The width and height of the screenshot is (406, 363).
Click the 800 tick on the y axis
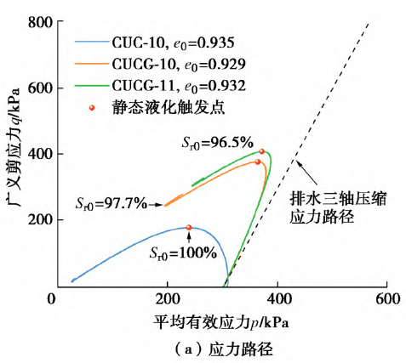click(x=34, y=22)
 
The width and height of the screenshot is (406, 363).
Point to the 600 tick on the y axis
click(x=34, y=88)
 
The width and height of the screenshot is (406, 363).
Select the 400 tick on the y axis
click(x=34, y=154)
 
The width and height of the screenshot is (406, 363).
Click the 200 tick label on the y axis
click(x=34, y=219)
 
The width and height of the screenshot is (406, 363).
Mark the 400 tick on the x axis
click(x=277, y=300)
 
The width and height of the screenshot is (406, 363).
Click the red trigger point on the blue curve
click(x=189, y=228)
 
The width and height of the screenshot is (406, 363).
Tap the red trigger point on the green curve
click(x=262, y=152)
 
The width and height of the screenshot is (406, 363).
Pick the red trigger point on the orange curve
click(x=258, y=162)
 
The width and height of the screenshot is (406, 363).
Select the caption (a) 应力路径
click(x=220, y=349)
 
